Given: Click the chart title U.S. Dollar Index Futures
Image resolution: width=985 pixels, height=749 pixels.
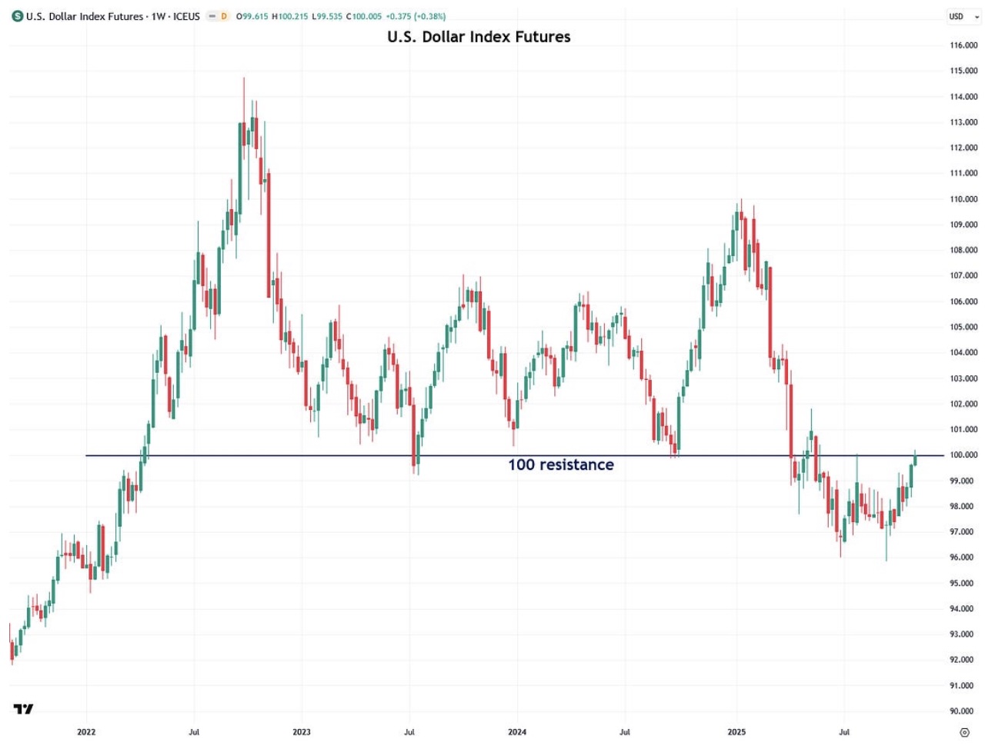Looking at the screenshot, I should click(x=479, y=37).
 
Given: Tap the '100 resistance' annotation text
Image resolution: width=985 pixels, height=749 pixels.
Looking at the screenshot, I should click(x=560, y=464).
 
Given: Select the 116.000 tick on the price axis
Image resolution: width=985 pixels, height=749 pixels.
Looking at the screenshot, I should click(x=963, y=45).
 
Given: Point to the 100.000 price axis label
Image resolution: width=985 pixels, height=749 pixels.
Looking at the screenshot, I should click(x=963, y=455).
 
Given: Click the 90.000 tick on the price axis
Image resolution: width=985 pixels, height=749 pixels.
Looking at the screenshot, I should click(x=963, y=711).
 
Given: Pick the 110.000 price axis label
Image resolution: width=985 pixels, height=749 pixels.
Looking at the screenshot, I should click(x=963, y=199).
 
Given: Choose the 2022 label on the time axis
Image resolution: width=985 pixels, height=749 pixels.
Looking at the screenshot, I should click(x=86, y=732).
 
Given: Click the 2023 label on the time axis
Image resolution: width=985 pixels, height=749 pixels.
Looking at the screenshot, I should click(x=302, y=732).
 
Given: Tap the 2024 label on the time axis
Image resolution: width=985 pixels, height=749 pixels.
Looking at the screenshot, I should click(x=517, y=732).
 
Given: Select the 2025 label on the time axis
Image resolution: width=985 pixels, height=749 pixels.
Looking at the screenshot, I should click(x=736, y=732).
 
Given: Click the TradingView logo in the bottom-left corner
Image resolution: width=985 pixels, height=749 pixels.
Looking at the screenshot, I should click(x=23, y=709).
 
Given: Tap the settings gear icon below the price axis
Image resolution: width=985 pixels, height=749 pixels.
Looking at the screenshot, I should click(x=964, y=732).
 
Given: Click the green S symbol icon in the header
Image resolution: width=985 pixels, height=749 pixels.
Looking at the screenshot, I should click(x=18, y=16).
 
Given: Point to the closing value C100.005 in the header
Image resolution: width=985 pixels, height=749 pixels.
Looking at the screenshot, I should click(x=363, y=16).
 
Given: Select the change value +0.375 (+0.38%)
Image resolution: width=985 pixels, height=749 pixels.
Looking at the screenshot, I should click(x=416, y=16).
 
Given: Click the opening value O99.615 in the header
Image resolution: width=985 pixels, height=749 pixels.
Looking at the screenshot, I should click(x=252, y=16).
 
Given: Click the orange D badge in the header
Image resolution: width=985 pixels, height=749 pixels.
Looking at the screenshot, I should click(x=224, y=16).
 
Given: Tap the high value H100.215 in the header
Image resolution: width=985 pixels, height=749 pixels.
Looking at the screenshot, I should click(x=290, y=16).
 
